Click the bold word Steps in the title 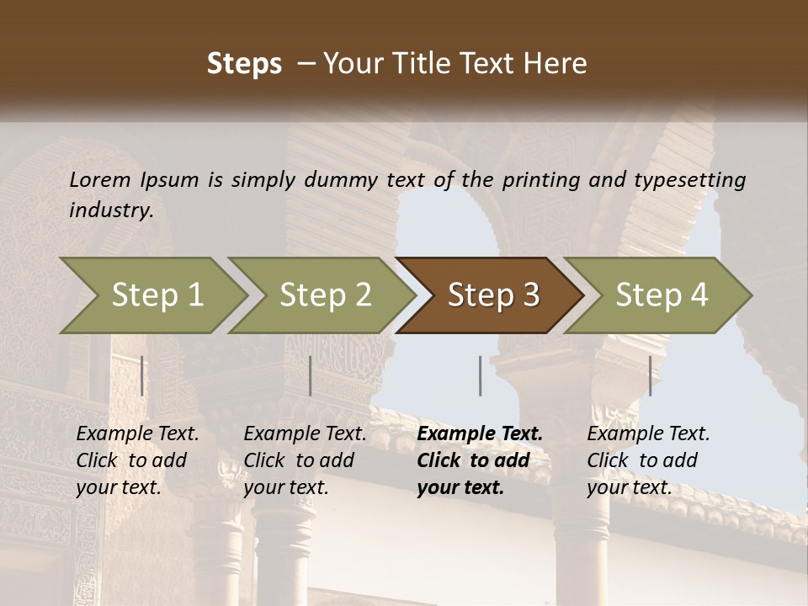pyautogui.click(x=244, y=63)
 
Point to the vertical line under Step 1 pyautogui.click(x=142, y=375)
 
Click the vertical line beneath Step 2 pyautogui.click(x=311, y=375)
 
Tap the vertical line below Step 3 pyautogui.click(x=481, y=375)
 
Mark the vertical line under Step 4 pyautogui.click(x=651, y=375)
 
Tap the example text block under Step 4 pyautogui.click(x=648, y=460)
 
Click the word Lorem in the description pyautogui.click(x=100, y=179)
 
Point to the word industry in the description pyautogui.click(x=110, y=210)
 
